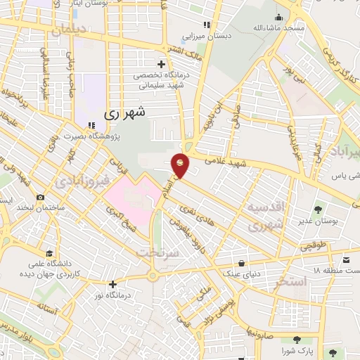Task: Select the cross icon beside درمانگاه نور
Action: pyautogui.click(x=113, y=284)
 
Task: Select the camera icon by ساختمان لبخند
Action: pyautogui.click(x=40, y=198)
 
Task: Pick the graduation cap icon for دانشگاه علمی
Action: pyautogui.click(x=49, y=253)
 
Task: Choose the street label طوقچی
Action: pyautogui.click(x=313, y=245)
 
